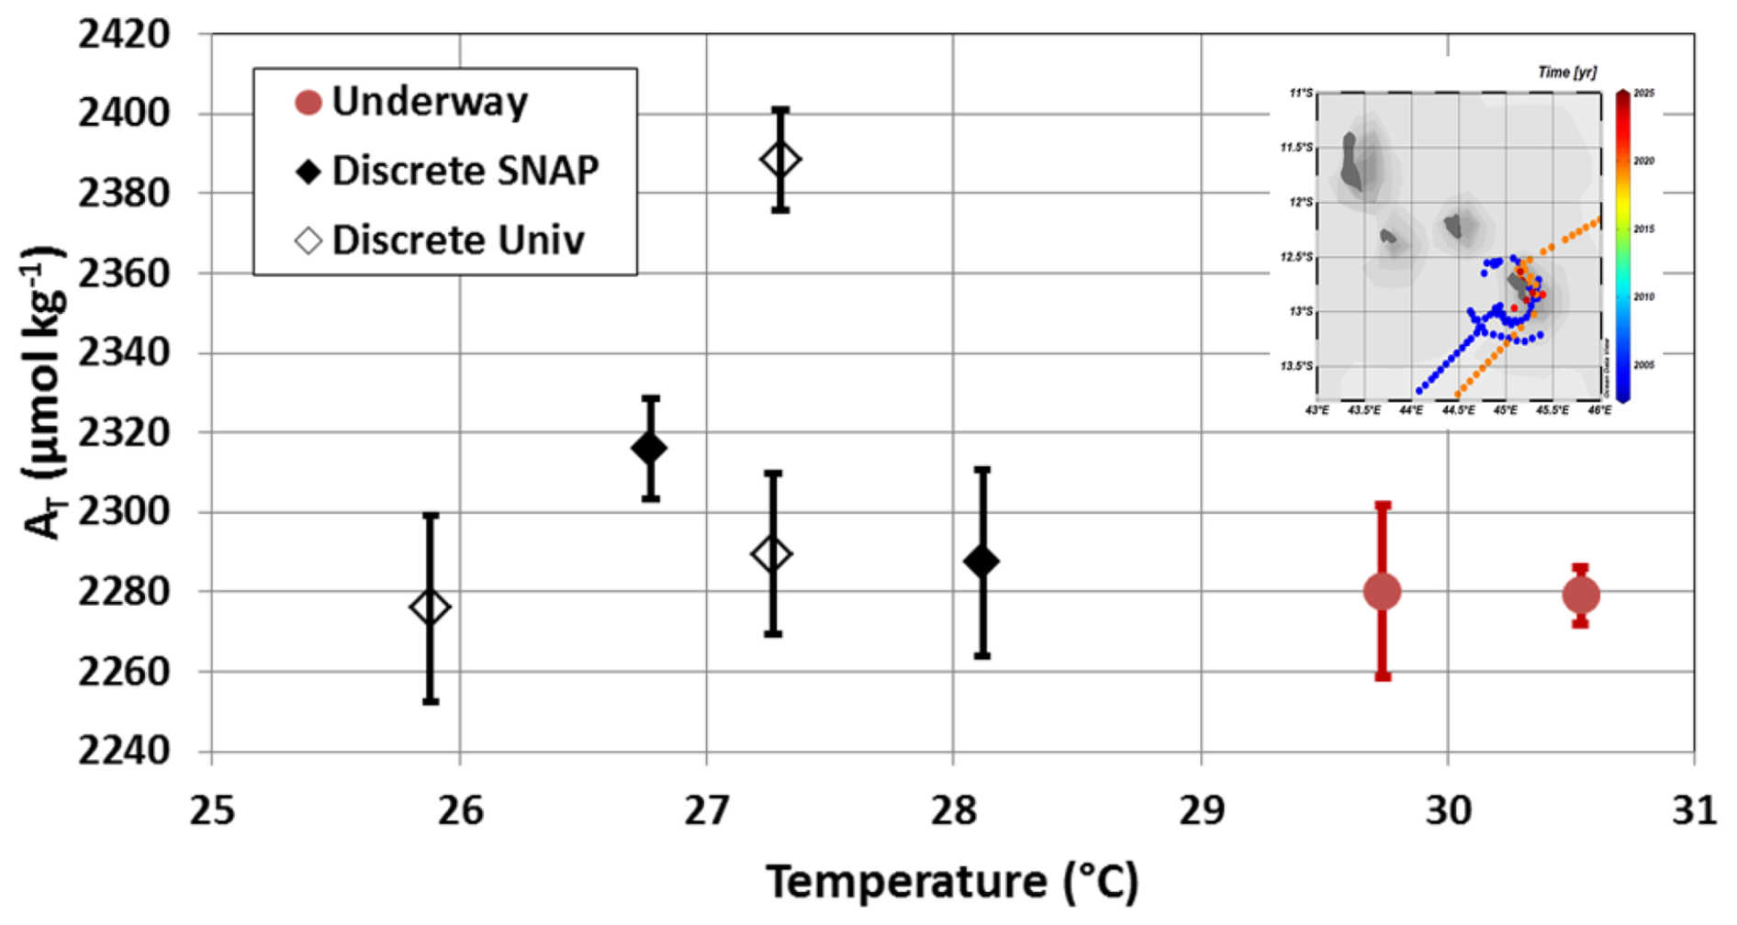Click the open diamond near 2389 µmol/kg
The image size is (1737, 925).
(779, 160)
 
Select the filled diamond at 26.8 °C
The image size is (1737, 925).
(649, 449)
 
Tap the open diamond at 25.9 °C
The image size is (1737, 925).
(430, 607)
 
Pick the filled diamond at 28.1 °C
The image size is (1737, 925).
(981, 562)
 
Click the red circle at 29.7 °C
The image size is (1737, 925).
(1382, 592)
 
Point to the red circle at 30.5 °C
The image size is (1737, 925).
(1580, 596)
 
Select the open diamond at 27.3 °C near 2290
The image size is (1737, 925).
(772, 554)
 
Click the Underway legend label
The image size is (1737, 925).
(430, 102)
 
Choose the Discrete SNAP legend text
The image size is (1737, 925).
(465, 171)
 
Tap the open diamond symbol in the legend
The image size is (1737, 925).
(308, 240)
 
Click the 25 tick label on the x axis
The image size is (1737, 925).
(212, 811)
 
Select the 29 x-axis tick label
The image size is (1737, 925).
(1201, 811)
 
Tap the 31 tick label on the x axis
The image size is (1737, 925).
(1694, 811)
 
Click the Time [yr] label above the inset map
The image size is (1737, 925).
(1566, 72)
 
